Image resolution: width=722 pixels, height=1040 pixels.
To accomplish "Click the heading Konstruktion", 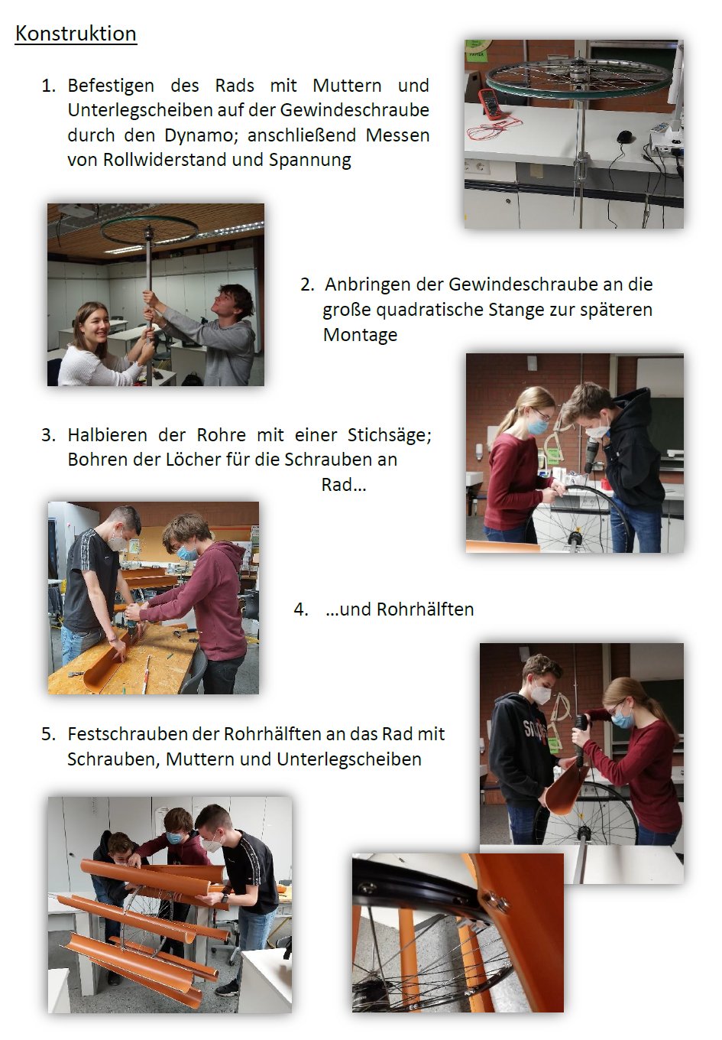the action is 76,34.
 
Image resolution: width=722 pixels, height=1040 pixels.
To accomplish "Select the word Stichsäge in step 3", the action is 390,435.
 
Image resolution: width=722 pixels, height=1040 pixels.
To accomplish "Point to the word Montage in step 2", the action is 360,335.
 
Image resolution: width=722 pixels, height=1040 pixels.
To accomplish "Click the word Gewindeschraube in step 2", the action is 523,284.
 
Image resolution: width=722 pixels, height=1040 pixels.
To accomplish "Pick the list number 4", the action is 301,609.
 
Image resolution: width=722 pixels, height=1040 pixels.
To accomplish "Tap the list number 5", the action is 48,734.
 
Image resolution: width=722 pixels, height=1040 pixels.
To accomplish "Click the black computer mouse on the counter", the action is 624,136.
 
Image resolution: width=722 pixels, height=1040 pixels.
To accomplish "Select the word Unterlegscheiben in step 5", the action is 349,759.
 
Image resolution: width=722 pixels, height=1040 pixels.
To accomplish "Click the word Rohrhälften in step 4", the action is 425,609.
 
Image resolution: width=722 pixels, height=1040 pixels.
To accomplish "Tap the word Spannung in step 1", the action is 310,160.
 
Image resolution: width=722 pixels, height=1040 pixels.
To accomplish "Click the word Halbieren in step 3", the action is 107,435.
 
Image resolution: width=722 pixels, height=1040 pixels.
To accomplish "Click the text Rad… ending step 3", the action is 344,485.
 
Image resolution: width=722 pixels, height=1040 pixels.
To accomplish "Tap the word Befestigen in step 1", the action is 111,86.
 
